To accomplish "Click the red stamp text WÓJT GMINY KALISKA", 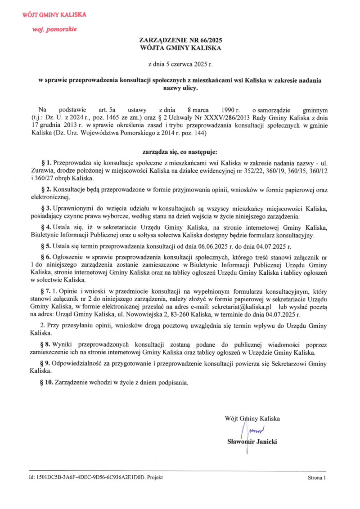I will tap(54, 15).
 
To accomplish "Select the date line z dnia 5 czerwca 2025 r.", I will tap(180, 64).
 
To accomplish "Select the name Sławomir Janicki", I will tap(252, 442).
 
